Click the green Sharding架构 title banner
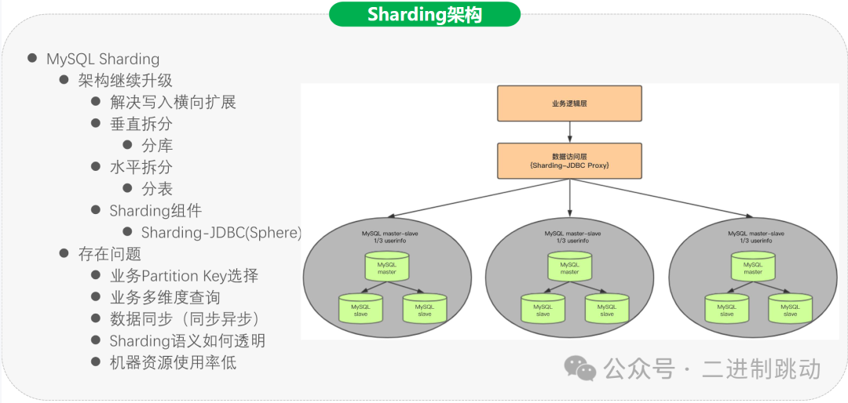[x=424, y=14]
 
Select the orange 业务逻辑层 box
[x=570, y=103]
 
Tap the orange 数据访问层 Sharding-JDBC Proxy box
[x=570, y=161]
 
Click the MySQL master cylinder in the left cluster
[x=387, y=268]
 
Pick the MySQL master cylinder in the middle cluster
[x=569, y=268]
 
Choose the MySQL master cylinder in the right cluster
[x=753, y=268]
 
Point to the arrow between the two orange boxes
[x=570, y=132]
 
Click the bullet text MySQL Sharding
[x=103, y=59]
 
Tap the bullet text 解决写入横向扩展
[x=173, y=102]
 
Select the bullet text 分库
[x=157, y=145]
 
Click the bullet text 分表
[x=157, y=189]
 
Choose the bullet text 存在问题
[x=110, y=254]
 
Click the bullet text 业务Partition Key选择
[x=184, y=276]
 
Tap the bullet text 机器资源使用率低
[x=173, y=362]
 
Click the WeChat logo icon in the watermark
[x=582, y=368]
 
